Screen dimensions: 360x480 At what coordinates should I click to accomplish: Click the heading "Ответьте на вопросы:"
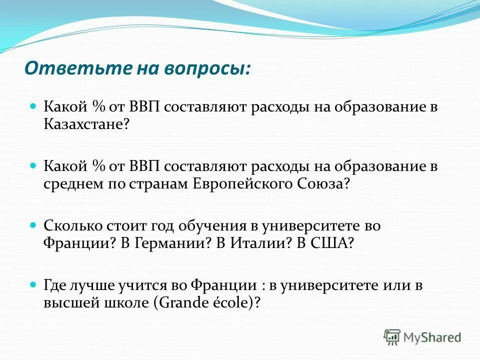point(137,67)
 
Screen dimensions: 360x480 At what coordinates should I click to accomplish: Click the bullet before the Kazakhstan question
point(34,107)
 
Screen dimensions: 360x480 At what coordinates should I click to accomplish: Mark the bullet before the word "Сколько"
point(34,225)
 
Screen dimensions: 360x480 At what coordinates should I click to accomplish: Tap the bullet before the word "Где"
point(34,285)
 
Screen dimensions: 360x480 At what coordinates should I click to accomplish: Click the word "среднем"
point(72,184)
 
